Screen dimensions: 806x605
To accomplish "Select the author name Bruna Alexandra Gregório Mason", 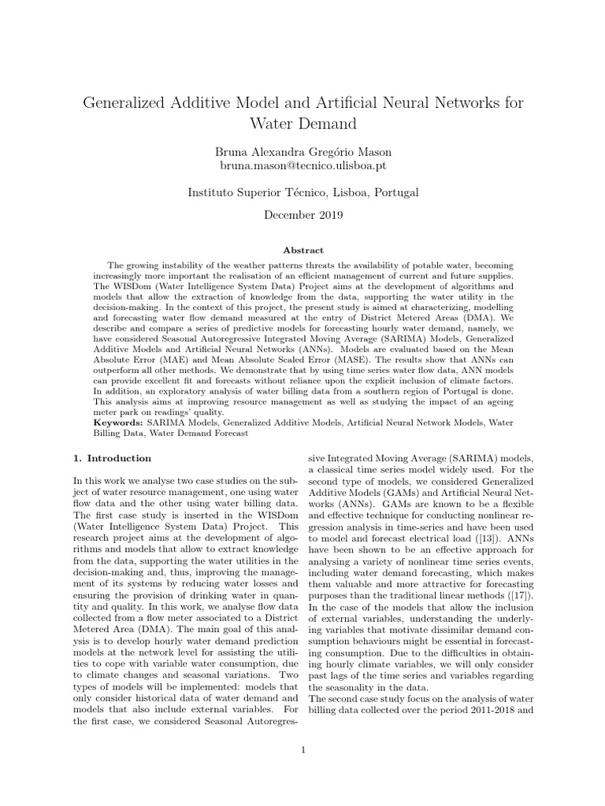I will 302,152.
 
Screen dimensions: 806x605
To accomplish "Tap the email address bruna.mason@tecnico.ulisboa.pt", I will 302,166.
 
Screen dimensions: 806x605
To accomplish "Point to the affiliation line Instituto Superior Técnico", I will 302,192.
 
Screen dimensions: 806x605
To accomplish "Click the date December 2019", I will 302,213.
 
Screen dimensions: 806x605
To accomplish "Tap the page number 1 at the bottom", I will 302,749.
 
